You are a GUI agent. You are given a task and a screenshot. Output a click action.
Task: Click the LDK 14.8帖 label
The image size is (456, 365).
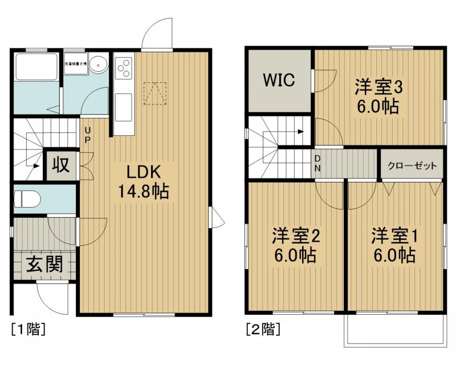click(x=143, y=182)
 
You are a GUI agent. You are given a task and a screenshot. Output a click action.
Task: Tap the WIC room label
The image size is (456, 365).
click(x=279, y=80)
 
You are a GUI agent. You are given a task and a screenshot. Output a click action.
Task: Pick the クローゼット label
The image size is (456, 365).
click(x=412, y=167)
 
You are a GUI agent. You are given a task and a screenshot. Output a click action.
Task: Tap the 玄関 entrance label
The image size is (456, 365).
click(x=43, y=265)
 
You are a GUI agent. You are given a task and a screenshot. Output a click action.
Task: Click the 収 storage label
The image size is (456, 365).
click(x=61, y=165)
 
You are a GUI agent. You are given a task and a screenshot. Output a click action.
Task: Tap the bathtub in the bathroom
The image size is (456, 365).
click(x=36, y=67)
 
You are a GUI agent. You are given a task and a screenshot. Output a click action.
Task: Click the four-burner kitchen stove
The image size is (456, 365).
click(x=124, y=68)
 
